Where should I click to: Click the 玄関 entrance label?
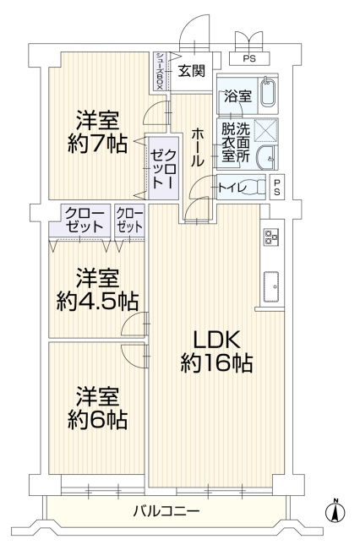click(x=191, y=71)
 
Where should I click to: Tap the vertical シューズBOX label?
click(x=159, y=70)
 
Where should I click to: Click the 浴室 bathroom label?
click(x=237, y=97)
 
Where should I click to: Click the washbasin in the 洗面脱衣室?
click(x=265, y=158)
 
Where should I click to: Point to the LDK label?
click(x=216, y=340)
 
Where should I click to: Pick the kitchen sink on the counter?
click(x=271, y=285)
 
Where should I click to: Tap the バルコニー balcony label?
click(x=166, y=511)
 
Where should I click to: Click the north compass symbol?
click(x=335, y=510)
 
